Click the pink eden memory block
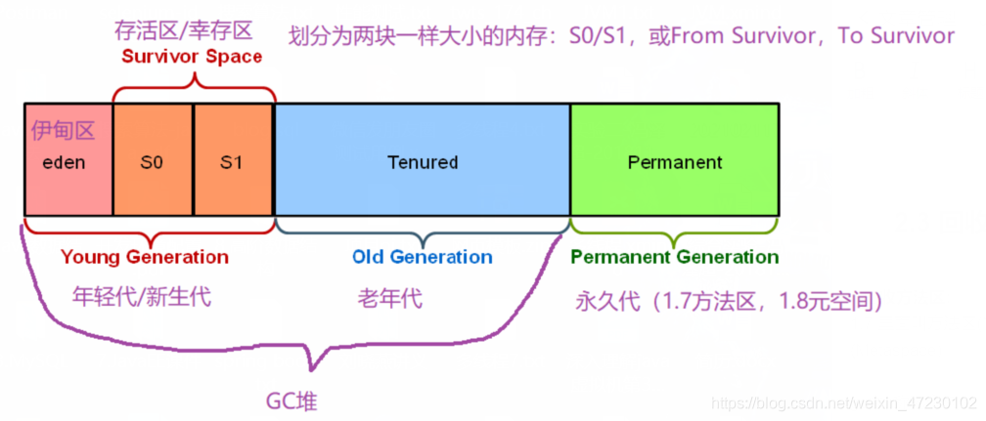[x=67, y=171]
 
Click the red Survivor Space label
[x=192, y=57]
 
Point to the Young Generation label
[x=145, y=258]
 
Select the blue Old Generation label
[x=422, y=258]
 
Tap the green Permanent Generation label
[x=674, y=258]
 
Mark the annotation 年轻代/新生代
[x=142, y=296]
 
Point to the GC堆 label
[x=291, y=400]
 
